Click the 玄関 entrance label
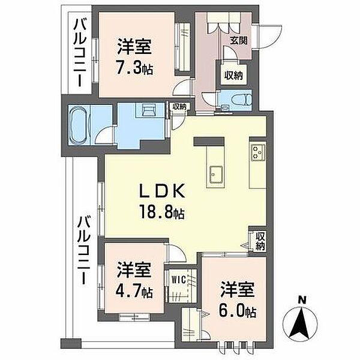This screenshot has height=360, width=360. point(239,41)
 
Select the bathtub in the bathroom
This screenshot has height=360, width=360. point(79,125)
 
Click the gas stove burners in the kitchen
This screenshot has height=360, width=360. point(258,152)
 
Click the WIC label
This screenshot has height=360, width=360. point(179,280)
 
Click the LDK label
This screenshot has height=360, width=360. point(163,191)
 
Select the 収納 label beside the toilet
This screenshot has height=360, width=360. point(233,75)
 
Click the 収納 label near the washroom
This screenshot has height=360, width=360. point(179,107)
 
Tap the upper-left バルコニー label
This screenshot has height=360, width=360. point(79,53)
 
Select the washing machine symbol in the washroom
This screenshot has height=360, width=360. point(149,110)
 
